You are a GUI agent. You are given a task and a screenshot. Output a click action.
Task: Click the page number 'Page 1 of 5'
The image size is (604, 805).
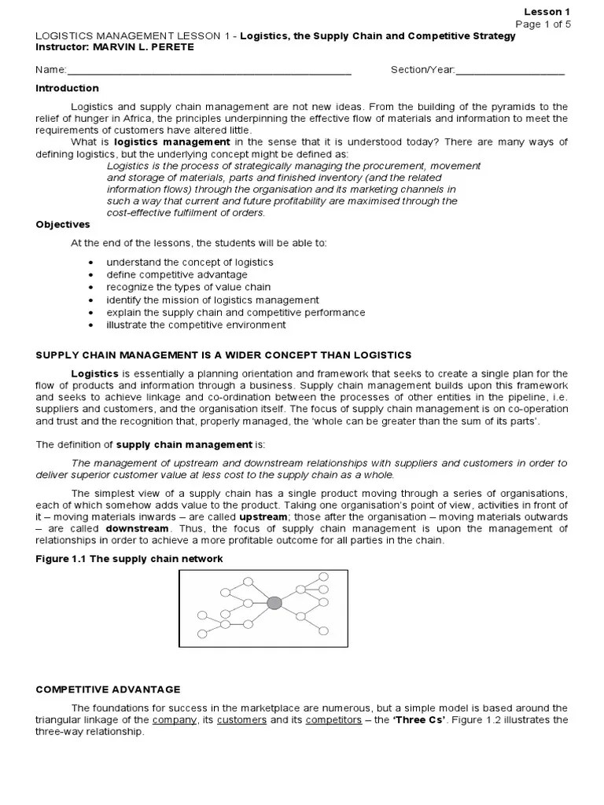(543, 24)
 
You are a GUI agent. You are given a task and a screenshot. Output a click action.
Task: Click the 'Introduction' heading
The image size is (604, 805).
(68, 88)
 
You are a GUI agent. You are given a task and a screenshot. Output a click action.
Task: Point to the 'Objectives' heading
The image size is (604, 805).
(64, 224)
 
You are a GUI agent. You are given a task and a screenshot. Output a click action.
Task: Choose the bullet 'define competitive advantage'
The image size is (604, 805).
(177, 274)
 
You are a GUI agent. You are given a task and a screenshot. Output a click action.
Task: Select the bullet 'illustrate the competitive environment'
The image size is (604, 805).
(196, 325)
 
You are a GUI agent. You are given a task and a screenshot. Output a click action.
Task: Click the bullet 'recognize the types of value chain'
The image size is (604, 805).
(189, 287)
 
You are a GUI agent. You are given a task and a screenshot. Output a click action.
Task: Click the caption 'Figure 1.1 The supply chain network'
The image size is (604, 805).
(130, 559)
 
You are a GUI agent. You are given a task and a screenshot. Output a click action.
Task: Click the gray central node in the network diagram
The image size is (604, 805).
(274, 603)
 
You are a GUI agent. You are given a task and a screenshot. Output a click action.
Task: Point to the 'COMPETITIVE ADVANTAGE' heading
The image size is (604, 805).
(109, 689)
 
